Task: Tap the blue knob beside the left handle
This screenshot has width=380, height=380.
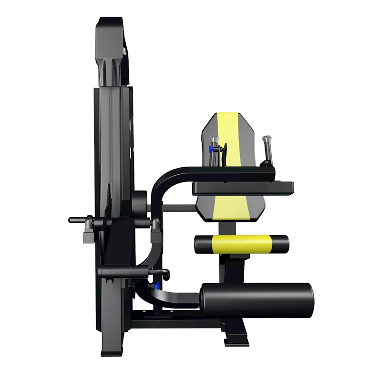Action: pos(210,149)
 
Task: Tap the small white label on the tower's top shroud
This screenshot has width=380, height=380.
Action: pos(125,51)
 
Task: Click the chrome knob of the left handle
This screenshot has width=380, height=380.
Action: pos(214,140)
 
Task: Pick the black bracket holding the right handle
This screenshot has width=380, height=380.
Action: pos(269,164)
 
